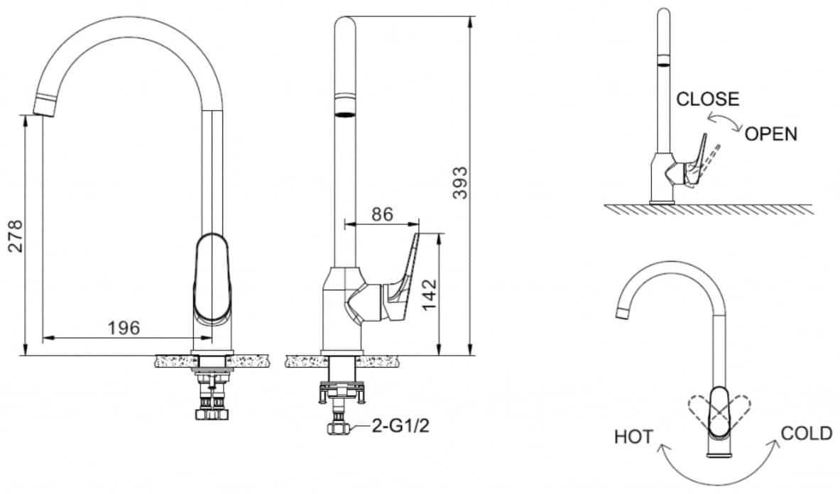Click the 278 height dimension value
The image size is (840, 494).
(16, 236)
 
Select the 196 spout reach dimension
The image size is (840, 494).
(124, 327)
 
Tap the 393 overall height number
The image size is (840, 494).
(460, 183)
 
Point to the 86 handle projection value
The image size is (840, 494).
(382, 214)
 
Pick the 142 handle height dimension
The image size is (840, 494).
(430, 295)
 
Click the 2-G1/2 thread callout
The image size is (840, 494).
(400, 426)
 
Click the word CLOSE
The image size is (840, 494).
(708, 99)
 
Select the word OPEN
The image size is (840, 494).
(771, 134)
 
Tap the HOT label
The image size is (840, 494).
(634, 437)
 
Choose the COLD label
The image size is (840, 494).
(806, 433)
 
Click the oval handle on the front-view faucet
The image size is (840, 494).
(212, 278)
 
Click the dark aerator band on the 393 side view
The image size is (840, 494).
(344, 114)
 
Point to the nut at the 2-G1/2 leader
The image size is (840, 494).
(338, 427)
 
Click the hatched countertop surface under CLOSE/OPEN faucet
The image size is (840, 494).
(709, 209)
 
